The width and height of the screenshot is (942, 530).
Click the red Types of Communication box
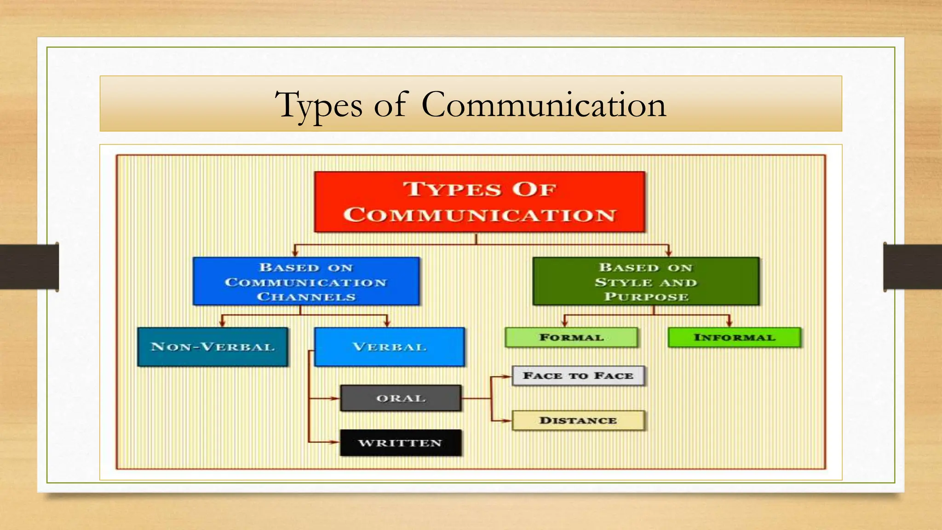tap(480, 202)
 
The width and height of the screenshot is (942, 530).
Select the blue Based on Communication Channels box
tap(306, 282)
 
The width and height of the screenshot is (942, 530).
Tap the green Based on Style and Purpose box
tap(646, 282)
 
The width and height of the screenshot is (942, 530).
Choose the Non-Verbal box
tap(213, 347)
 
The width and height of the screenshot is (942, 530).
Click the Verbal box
tap(390, 347)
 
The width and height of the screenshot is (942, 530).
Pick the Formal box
tap(571, 338)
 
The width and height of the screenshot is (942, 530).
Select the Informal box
tap(734, 338)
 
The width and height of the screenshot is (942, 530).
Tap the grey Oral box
tap(401, 398)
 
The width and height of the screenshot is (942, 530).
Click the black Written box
tap(401, 443)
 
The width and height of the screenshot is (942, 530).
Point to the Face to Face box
tap(578, 376)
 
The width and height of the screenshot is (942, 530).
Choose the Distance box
tap(578, 421)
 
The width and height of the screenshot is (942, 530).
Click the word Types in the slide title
tap(318, 105)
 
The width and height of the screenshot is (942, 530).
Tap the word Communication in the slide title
tap(544, 105)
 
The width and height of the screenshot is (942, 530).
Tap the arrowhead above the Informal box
tap(729, 323)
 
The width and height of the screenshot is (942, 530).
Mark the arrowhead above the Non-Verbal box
tap(223, 323)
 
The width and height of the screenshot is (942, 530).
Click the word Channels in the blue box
tap(306, 297)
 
